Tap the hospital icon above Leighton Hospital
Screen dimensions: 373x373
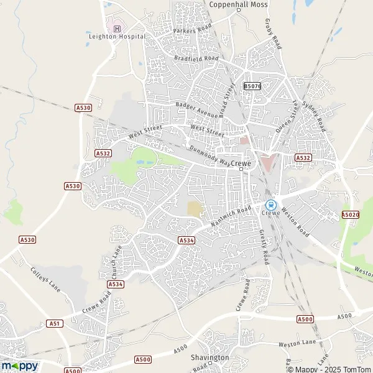point(116,27)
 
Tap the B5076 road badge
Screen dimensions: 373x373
point(252,86)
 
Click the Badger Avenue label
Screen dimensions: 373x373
point(196,110)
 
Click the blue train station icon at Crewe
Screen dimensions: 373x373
point(270,204)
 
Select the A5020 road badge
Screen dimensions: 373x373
point(350,214)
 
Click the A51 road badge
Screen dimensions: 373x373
point(55,324)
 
